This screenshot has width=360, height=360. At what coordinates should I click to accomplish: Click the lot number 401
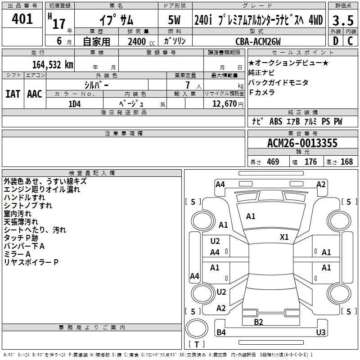click(x=23, y=19)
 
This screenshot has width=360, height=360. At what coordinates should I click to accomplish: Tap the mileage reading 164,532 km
click(x=53, y=64)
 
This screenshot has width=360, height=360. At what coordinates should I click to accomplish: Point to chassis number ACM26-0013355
click(x=302, y=143)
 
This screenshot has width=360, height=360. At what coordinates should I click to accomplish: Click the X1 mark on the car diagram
click(x=284, y=237)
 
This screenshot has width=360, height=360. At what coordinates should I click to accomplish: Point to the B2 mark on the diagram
click(x=258, y=322)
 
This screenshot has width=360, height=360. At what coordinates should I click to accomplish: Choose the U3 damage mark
click(x=320, y=333)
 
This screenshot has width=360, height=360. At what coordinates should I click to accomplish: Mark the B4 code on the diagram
click(x=221, y=333)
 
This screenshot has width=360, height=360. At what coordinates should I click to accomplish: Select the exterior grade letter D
click(x=335, y=41)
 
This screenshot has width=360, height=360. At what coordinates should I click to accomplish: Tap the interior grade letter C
click(x=350, y=41)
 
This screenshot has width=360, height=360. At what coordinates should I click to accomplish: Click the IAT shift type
click(x=12, y=94)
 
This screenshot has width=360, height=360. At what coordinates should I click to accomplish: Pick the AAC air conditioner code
click(x=35, y=94)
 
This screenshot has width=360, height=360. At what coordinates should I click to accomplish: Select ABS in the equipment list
click(x=275, y=121)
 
